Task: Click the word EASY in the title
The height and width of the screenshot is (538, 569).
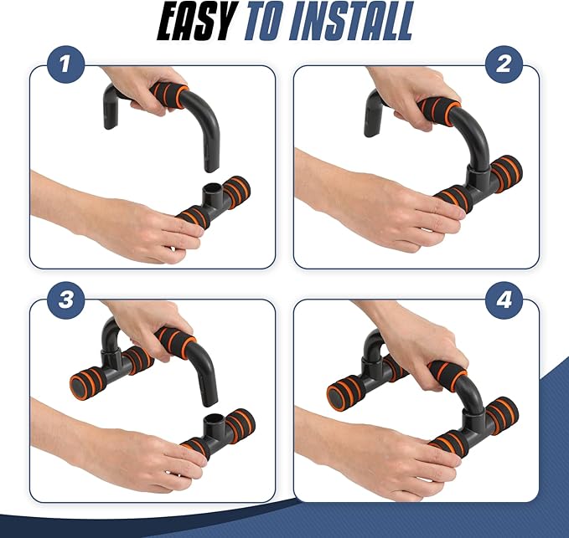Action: (196, 21)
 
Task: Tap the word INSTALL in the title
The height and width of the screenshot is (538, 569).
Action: (352, 21)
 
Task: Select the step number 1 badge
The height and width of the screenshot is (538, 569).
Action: (65, 64)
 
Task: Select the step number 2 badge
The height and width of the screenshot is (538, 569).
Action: (504, 64)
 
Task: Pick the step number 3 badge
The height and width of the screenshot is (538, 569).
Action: (65, 300)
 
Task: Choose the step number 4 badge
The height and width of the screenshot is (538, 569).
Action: (504, 300)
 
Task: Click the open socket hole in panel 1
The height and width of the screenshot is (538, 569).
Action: (211, 189)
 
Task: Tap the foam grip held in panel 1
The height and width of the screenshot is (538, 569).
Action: (170, 95)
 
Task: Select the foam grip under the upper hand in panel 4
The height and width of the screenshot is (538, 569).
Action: (447, 376)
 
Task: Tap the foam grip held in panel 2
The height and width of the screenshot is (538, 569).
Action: (440, 110)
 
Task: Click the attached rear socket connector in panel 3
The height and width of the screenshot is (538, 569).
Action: (111, 356)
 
